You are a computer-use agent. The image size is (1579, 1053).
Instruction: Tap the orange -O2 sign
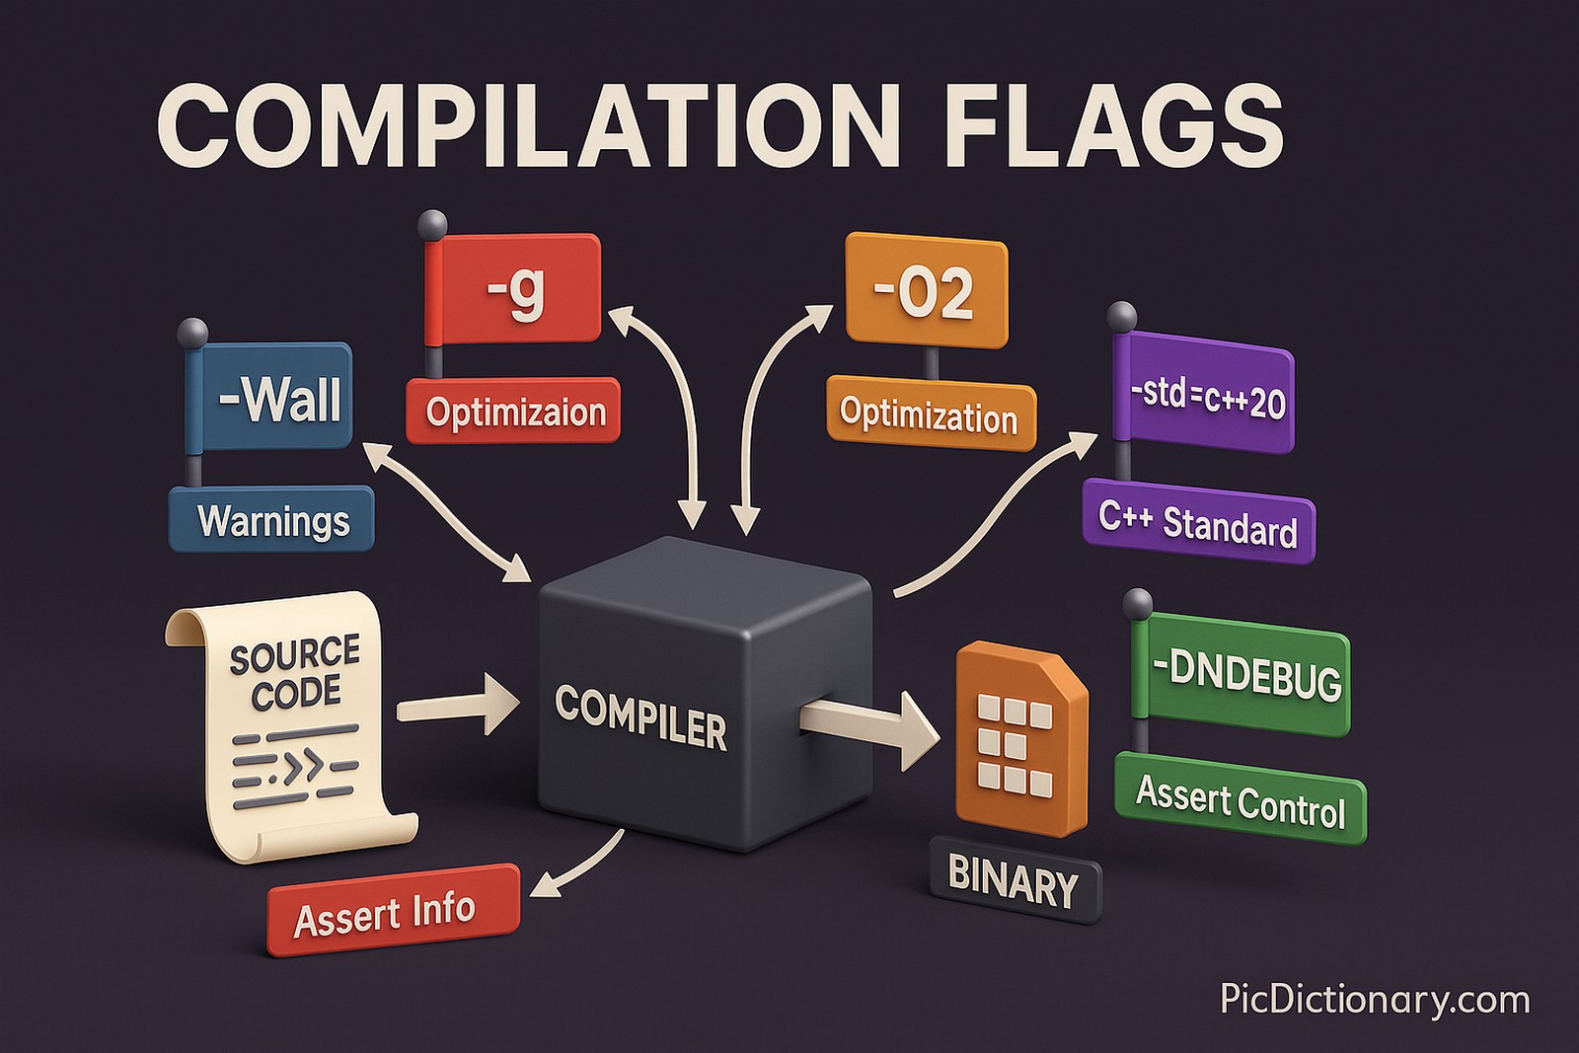(x=926, y=291)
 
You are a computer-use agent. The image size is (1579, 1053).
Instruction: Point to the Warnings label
(x=272, y=520)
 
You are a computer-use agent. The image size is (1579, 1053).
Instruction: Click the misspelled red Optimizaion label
(x=514, y=411)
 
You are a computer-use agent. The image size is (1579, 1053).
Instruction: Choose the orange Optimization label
(x=930, y=414)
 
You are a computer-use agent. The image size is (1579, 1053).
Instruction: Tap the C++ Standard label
(x=1198, y=522)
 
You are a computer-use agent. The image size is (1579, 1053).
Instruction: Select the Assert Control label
(x=1241, y=801)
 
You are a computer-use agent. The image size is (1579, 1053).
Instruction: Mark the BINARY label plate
(x=1015, y=879)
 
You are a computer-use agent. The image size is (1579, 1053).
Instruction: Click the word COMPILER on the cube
(x=640, y=717)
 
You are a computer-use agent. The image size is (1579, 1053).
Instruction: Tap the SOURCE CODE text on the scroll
(x=294, y=673)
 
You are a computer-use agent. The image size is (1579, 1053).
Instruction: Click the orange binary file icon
(x=1018, y=740)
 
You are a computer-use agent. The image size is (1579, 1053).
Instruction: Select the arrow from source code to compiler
(x=456, y=707)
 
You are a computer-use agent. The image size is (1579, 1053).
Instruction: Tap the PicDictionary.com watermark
(x=1374, y=999)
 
